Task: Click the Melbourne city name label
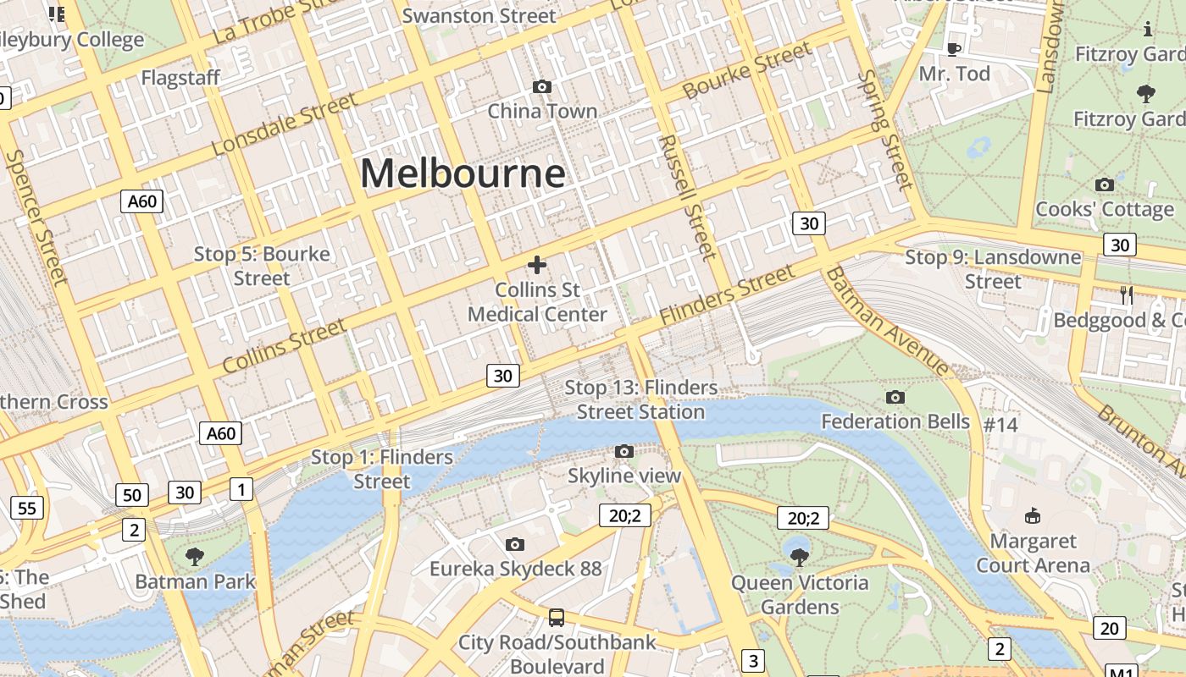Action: point(463,173)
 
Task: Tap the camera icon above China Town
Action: point(542,86)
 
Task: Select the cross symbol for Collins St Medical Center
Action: point(537,265)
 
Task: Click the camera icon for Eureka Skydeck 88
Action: point(515,544)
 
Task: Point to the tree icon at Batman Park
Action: point(195,556)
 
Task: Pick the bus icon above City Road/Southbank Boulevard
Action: point(557,617)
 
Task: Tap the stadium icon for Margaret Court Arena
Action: point(1033,515)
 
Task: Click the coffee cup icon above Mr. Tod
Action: point(954,49)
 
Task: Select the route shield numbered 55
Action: point(27,508)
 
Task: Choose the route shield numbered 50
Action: point(132,495)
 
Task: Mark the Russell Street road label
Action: point(687,196)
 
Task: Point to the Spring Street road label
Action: point(885,129)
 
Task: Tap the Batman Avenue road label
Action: point(888,322)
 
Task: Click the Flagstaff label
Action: point(180,78)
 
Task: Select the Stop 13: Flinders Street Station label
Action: point(641,399)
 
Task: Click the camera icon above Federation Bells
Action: point(895,397)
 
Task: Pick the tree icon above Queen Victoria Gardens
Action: point(799,556)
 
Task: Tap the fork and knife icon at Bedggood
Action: point(1127,294)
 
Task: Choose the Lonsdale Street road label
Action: point(285,124)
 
